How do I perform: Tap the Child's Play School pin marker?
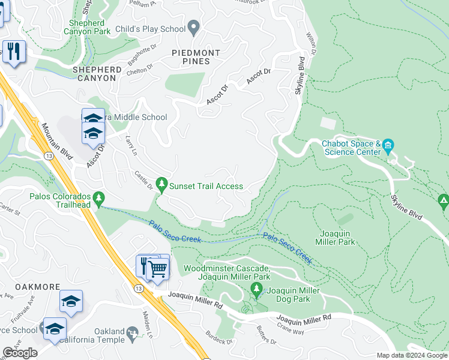coord(193,27)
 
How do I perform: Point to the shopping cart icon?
coord(158,269)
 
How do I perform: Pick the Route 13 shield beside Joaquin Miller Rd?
coord(139,289)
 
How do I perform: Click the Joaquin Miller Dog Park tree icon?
coord(257,291)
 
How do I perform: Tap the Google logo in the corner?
coord(20,353)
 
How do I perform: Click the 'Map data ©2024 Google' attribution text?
coord(411,355)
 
